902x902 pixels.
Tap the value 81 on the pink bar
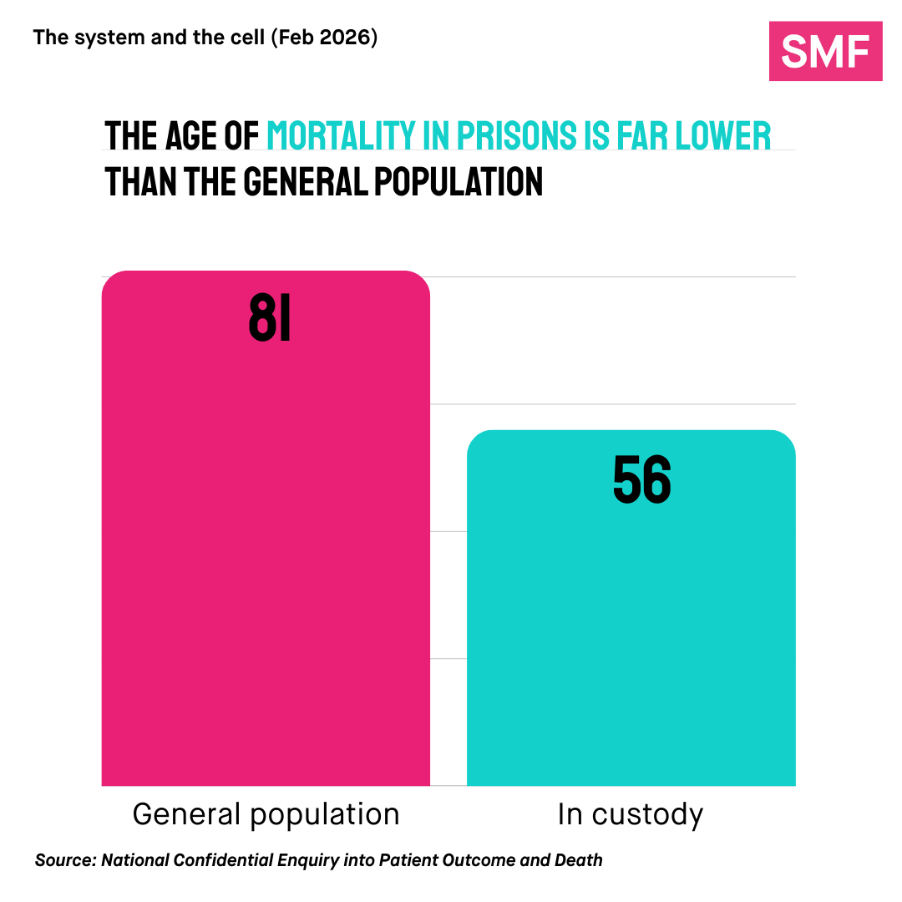click(270, 319)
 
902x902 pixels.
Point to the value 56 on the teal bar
click(641, 480)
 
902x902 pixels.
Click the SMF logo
click(825, 51)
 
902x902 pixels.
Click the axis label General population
click(266, 814)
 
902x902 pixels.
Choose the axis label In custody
click(631, 814)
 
